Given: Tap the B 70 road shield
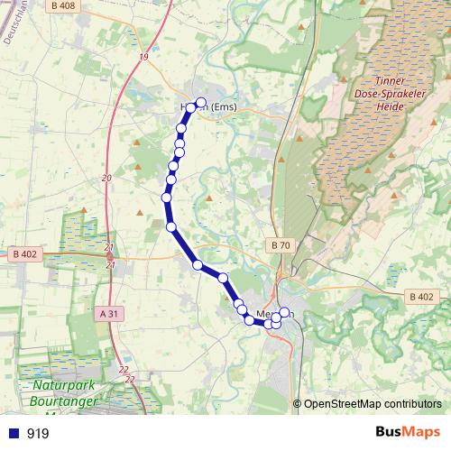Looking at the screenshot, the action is [281, 245].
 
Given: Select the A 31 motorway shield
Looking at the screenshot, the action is [108, 314].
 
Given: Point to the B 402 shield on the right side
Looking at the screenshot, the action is [421, 297].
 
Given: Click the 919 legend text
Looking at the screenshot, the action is [38, 433].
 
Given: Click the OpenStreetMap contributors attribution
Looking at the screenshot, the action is [373, 404].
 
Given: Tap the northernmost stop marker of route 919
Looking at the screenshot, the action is [201, 103].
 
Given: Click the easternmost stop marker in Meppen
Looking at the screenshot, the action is [284, 313].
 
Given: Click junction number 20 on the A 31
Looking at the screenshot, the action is [106, 178].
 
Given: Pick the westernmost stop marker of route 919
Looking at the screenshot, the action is [166, 198].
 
